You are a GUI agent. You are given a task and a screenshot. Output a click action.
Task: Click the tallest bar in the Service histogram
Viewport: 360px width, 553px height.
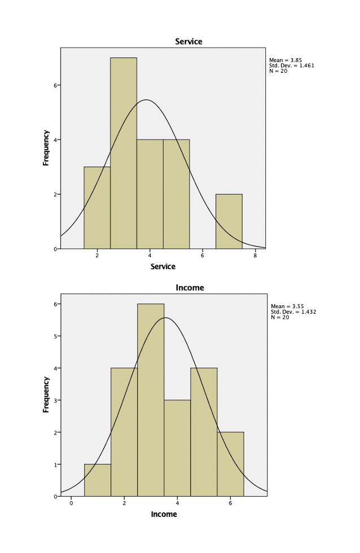(x=124, y=152)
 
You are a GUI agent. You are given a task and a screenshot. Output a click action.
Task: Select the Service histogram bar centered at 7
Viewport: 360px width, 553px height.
(x=229, y=221)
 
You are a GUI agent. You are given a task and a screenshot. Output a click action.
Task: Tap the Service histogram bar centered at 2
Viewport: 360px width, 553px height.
(x=97, y=208)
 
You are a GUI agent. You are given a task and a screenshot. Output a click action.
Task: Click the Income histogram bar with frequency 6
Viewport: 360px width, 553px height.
(x=151, y=400)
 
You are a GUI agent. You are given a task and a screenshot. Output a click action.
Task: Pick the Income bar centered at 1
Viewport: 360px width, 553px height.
(x=98, y=480)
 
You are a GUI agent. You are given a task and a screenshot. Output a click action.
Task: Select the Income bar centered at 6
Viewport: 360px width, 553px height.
(x=230, y=464)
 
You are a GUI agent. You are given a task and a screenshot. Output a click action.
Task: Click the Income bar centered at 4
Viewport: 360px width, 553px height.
(x=177, y=448)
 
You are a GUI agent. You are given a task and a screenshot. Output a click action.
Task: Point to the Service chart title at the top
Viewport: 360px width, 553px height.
(x=188, y=42)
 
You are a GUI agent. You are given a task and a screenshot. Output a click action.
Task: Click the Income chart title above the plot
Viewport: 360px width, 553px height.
(x=190, y=288)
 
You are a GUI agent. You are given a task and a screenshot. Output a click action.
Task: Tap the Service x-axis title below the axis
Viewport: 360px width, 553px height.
(x=163, y=266)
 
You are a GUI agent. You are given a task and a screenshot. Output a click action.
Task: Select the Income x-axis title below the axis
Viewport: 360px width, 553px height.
(x=164, y=514)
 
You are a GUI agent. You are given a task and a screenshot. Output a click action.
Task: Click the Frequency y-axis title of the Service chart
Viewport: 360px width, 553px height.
(x=46, y=147)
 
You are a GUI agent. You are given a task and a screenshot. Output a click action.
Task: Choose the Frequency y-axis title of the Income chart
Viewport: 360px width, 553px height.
(x=46, y=394)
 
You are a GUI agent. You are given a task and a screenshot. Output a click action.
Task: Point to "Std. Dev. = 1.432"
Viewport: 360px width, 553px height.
(x=292, y=311)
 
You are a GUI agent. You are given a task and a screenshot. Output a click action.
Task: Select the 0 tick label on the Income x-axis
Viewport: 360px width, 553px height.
(x=72, y=503)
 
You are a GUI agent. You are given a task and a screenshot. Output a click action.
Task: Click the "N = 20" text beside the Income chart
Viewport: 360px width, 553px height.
(x=280, y=317)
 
